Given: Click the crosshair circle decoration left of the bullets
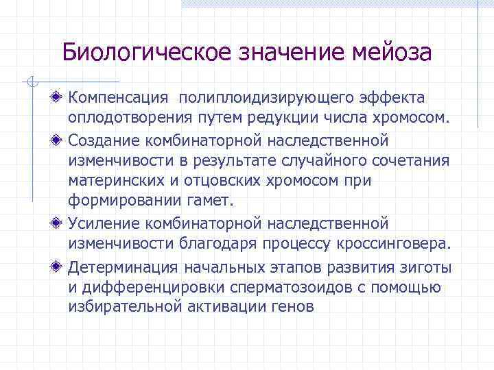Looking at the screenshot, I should (31, 83).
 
